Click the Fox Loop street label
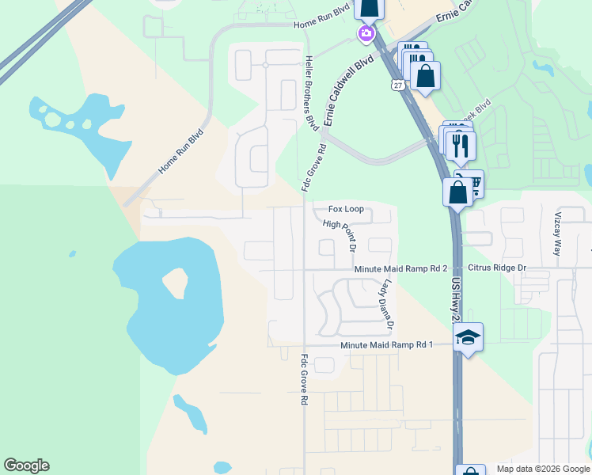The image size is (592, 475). tap(347, 209)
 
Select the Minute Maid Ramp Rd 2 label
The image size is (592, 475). tap(400, 269)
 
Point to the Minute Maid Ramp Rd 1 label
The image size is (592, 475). tap(387, 345)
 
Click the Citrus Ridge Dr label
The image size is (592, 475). tap(497, 268)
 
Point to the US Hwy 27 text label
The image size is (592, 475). tap(455, 299)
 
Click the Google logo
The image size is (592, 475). tap(26, 465)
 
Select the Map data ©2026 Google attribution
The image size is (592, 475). tap(543, 469)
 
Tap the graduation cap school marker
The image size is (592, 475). tap(468, 337)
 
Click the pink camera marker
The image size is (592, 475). tap(366, 33)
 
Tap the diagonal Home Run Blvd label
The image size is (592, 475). tap(181, 151)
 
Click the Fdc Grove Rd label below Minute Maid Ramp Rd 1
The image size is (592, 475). tap(303, 379)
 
